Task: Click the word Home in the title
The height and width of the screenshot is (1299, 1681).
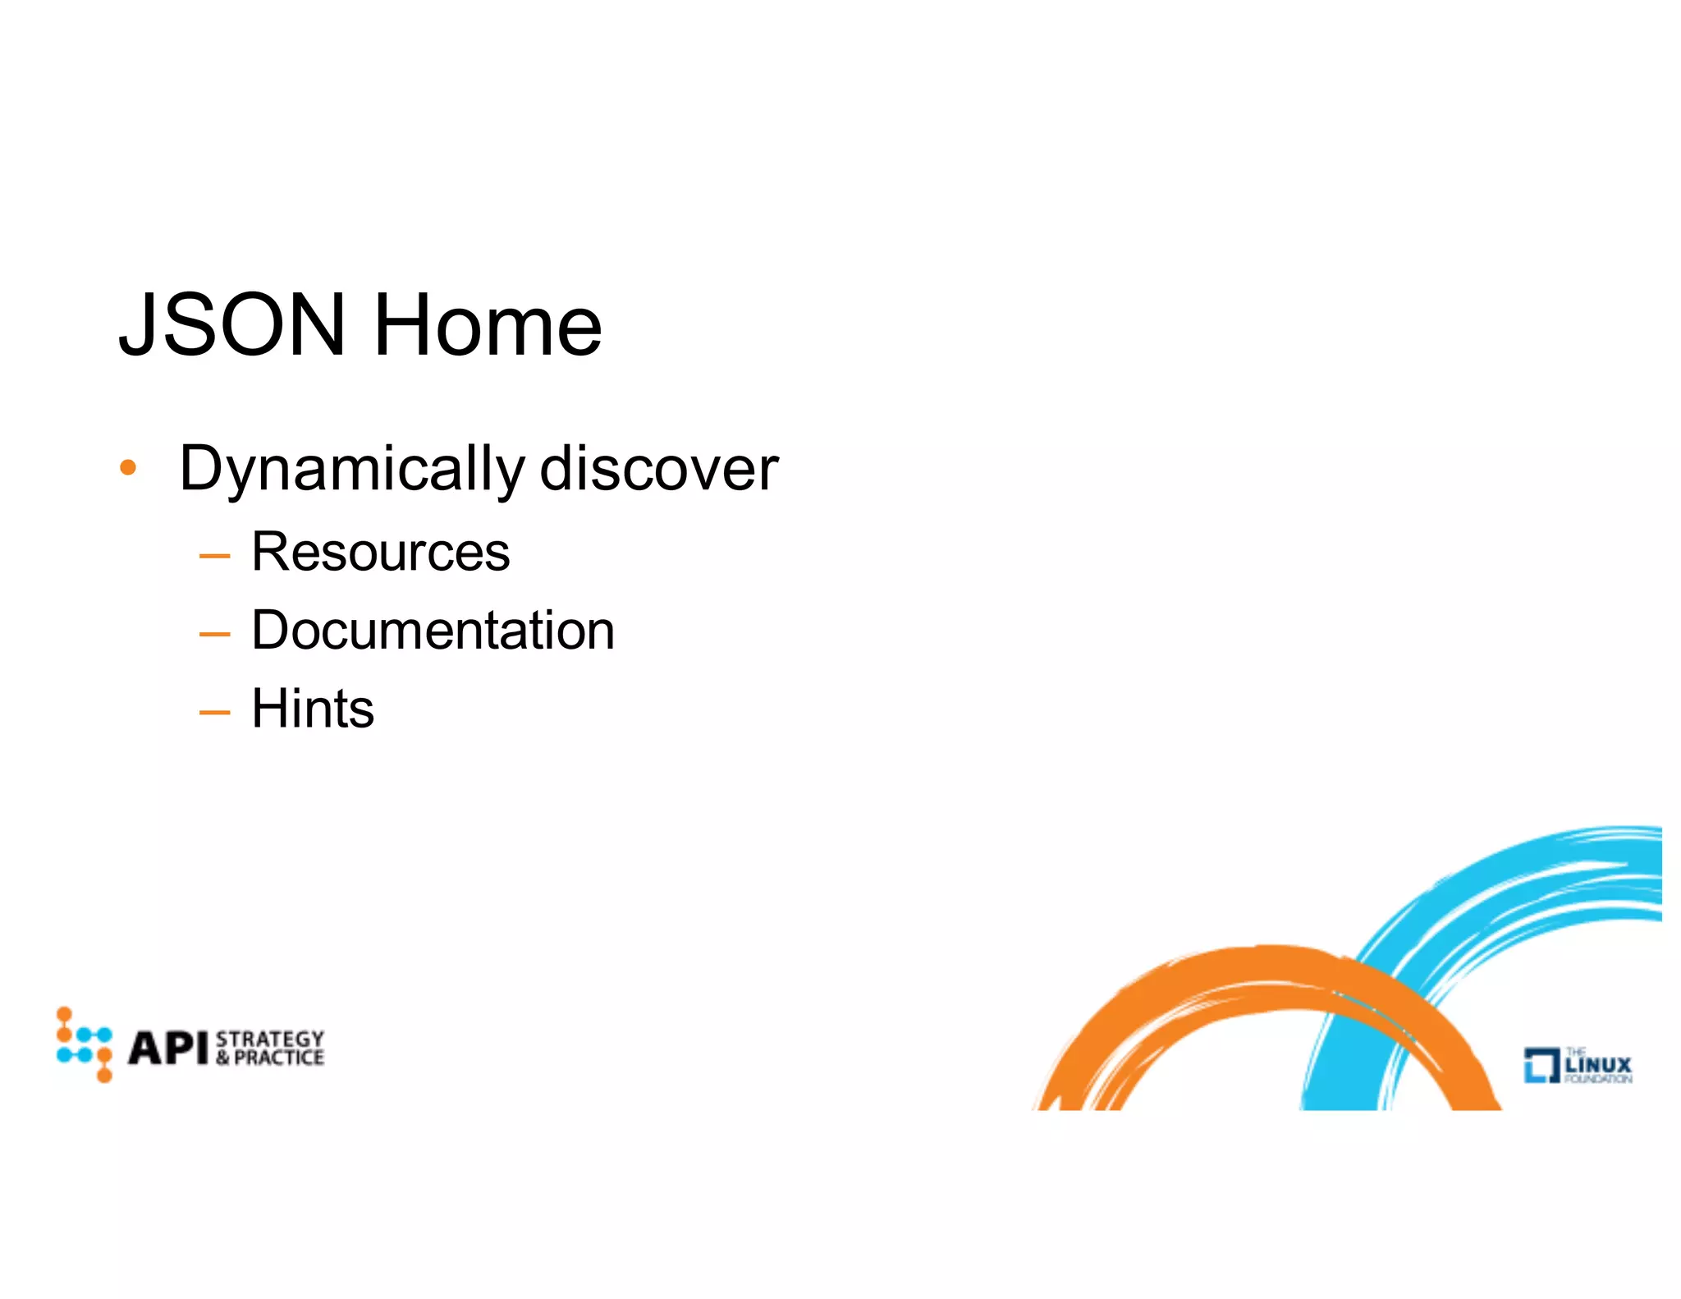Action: [488, 325]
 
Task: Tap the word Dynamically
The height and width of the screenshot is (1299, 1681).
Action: [351, 469]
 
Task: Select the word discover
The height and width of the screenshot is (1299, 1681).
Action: [659, 469]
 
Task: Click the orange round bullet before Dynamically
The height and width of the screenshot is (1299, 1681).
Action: [127, 468]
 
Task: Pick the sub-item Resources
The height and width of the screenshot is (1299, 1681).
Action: [380, 551]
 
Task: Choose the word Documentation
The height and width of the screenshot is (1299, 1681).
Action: [433, 630]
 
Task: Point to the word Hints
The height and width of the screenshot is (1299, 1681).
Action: [313, 708]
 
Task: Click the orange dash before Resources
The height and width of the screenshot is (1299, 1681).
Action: [214, 556]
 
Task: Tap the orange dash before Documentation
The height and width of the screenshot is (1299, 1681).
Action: [214, 634]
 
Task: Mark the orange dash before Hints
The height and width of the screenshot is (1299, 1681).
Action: [214, 712]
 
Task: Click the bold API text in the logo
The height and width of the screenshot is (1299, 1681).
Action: [168, 1048]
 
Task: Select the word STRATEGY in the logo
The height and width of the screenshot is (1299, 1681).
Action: [270, 1038]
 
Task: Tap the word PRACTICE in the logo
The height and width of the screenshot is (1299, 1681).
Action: [279, 1058]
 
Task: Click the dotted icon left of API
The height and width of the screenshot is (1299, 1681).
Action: [84, 1044]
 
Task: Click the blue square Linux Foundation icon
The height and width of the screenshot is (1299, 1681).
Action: [1541, 1065]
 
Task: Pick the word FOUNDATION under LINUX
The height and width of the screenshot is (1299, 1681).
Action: [1597, 1079]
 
